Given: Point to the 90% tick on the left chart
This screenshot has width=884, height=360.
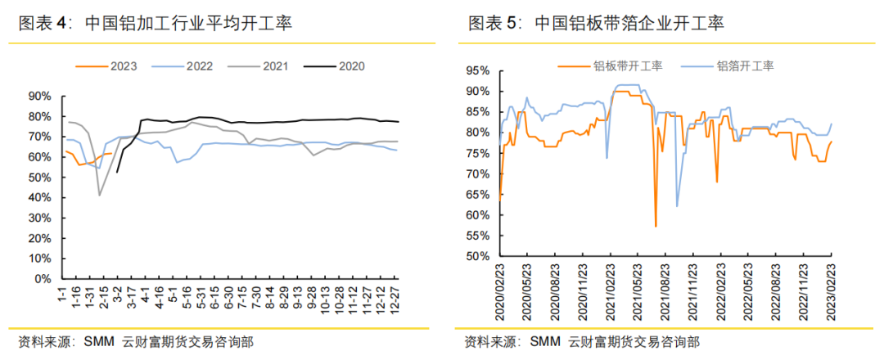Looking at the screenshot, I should click(x=40, y=97).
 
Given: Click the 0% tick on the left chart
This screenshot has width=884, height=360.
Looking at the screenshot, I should click(x=43, y=279).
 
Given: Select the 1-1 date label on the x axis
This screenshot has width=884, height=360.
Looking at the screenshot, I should click(x=62, y=295).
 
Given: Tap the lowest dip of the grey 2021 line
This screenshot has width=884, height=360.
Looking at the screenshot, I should click(x=100, y=195).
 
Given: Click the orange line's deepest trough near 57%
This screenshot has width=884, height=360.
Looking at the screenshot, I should click(x=656, y=226).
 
